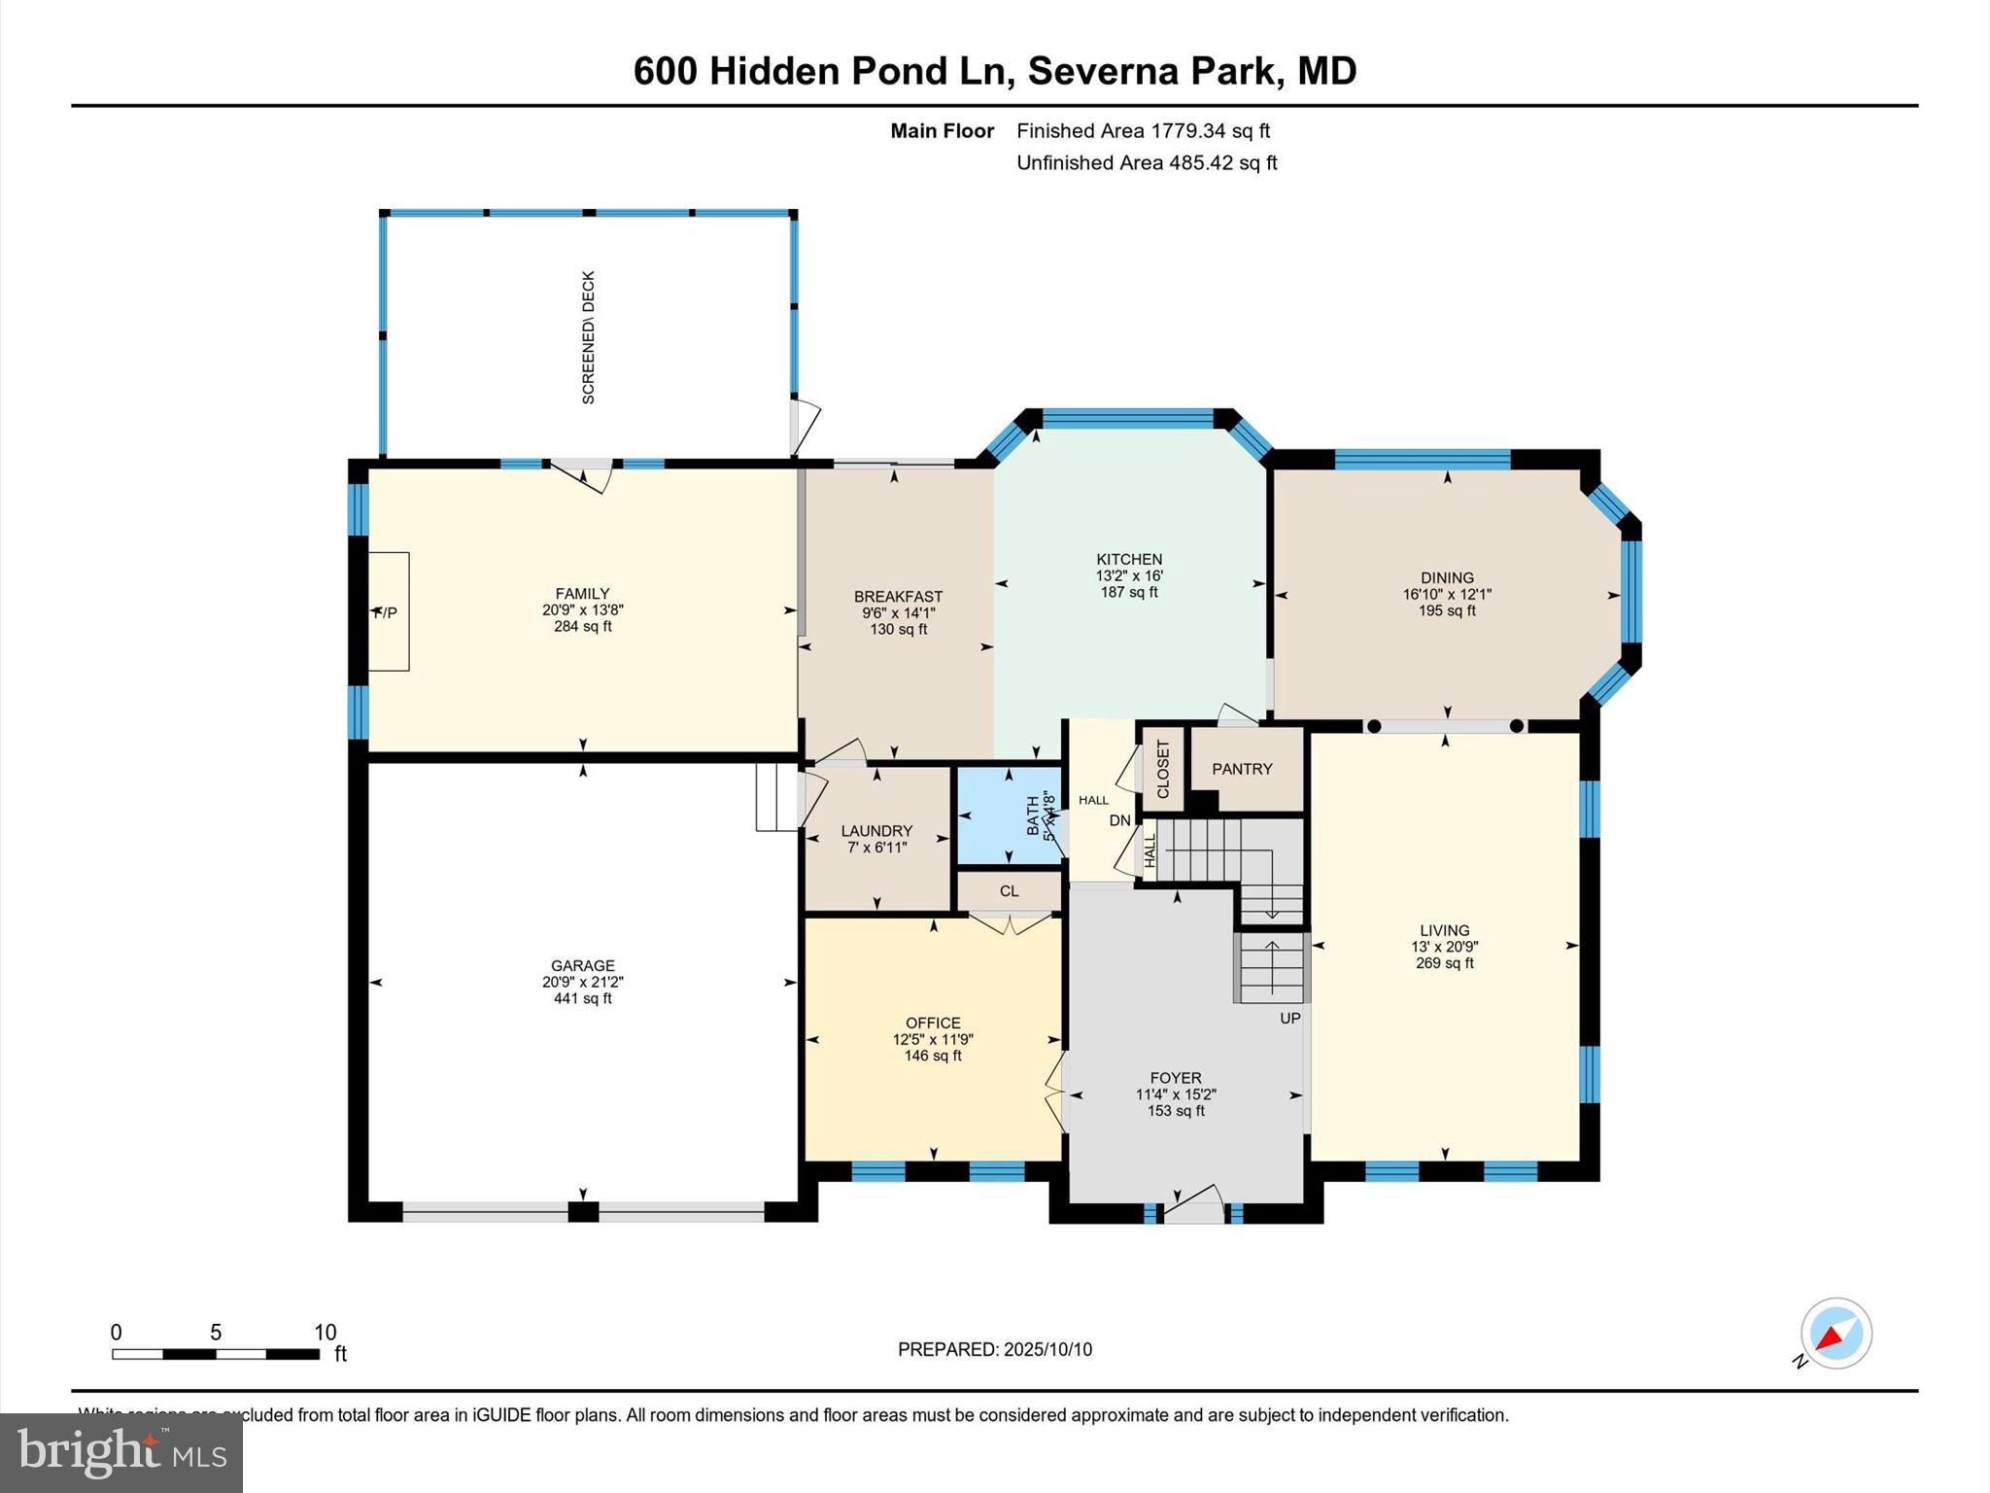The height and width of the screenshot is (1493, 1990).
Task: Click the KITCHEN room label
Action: (1129, 559)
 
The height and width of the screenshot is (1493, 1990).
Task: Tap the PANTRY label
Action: (1242, 769)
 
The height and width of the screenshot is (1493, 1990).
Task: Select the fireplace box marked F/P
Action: (388, 611)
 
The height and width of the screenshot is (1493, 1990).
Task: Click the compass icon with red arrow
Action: (1836, 1334)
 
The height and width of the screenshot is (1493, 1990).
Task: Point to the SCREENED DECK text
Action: (588, 337)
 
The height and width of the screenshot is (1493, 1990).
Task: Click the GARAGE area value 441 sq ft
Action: (583, 998)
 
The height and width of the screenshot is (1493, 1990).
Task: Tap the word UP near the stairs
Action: (1289, 1019)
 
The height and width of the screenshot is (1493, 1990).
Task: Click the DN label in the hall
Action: (1120, 820)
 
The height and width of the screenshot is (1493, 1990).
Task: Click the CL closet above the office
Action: (1009, 890)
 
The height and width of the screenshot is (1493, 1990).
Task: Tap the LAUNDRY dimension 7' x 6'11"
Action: (876, 848)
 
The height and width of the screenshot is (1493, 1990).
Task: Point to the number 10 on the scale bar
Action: (325, 1333)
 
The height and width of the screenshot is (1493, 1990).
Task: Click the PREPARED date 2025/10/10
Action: (1047, 1349)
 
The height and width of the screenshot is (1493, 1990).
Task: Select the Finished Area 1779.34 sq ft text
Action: (1143, 131)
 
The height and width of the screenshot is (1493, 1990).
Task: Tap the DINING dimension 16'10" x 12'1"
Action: (1447, 594)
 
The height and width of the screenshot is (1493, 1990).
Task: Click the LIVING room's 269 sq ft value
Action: (1445, 963)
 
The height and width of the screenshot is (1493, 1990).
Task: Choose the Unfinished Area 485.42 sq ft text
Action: (1147, 163)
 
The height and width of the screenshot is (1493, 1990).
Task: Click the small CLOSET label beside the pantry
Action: (1162, 769)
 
